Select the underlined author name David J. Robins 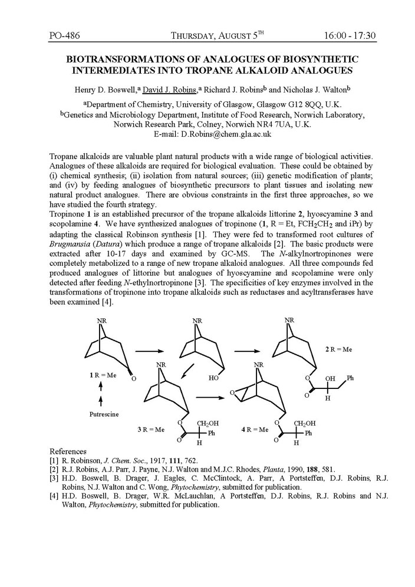pyautogui.click(x=170, y=90)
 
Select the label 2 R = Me pyautogui.click(x=338, y=349)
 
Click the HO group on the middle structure pyautogui.click(x=213, y=378)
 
